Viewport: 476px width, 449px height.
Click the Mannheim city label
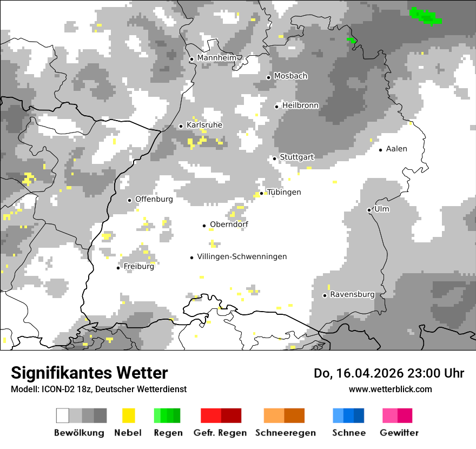click(x=217, y=58)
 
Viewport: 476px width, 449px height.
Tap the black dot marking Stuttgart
click(x=275, y=159)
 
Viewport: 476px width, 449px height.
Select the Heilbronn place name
click(x=300, y=105)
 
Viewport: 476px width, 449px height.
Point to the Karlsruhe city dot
click(x=181, y=126)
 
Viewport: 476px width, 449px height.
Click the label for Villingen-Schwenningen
click(x=242, y=256)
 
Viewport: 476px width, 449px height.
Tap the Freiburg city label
click(x=138, y=266)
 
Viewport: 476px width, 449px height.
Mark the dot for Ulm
click(x=369, y=210)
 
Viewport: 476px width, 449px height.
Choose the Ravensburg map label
click(x=352, y=294)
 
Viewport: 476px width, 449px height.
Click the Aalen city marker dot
click(x=381, y=150)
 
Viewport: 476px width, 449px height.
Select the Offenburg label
click(x=154, y=199)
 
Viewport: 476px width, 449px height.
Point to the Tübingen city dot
click(x=262, y=193)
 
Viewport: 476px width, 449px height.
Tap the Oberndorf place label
click(x=229, y=225)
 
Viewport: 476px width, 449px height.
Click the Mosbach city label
click(x=290, y=76)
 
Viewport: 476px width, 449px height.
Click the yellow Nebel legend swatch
click(x=129, y=415)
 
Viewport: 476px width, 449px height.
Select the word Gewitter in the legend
click(x=399, y=433)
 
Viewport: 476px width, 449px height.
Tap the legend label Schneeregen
click(x=285, y=433)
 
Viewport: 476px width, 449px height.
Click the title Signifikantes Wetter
click(x=89, y=373)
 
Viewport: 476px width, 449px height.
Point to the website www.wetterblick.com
click(x=390, y=389)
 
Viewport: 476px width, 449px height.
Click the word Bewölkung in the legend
click(x=79, y=433)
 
